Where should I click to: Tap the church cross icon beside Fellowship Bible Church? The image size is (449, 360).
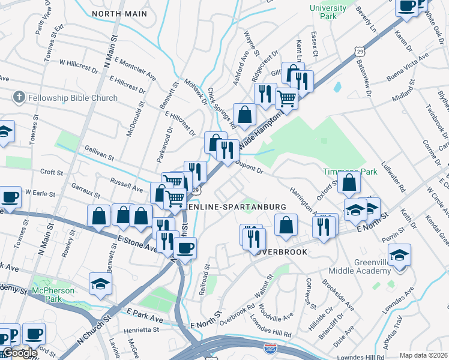click(x=19, y=97)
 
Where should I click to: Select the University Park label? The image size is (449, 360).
click(x=328, y=13)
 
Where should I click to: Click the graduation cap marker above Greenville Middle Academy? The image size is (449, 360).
click(x=399, y=254)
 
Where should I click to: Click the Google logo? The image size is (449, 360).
click(x=19, y=353)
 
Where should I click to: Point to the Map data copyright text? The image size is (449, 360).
click(x=423, y=355)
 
